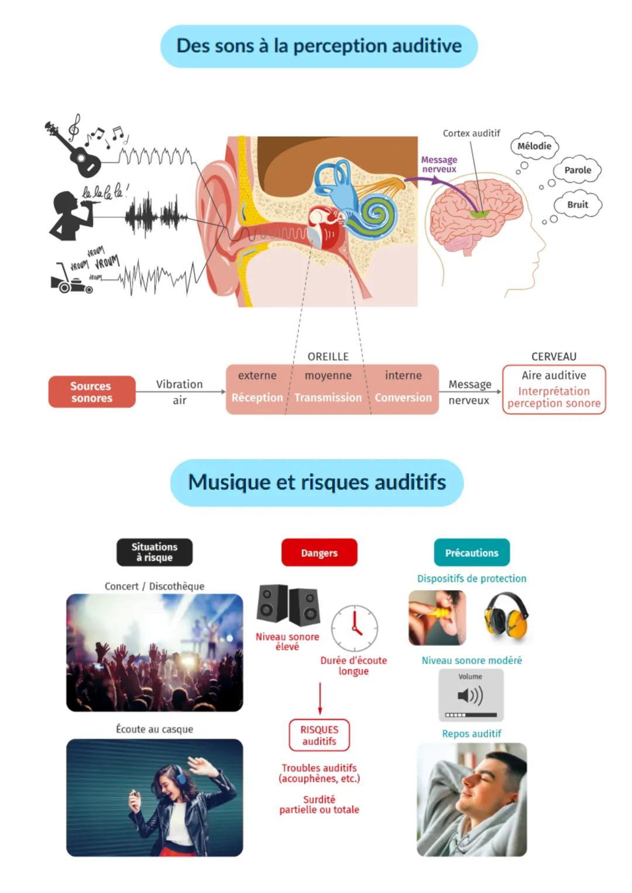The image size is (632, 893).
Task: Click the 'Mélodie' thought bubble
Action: click(x=534, y=146)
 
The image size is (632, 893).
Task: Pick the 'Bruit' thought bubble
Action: click(x=577, y=205)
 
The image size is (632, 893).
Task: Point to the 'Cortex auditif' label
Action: click(x=471, y=133)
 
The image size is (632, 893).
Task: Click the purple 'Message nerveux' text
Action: click(x=439, y=164)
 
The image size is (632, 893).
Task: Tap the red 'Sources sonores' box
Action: click(x=92, y=392)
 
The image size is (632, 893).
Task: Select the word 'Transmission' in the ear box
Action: click(x=328, y=398)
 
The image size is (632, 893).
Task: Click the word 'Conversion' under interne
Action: click(x=403, y=398)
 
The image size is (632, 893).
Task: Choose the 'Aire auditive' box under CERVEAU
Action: click(x=554, y=389)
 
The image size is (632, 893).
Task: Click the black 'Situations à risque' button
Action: click(x=154, y=552)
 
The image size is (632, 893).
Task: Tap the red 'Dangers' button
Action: click(x=319, y=553)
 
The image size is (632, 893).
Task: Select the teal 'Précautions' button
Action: click(x=472, y=553)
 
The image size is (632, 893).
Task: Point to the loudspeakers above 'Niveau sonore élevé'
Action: click(x=288, y=605)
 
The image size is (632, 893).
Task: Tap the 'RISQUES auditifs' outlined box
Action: click(x=319, y=735)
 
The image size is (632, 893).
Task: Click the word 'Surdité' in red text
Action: click(x=319, y=799)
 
